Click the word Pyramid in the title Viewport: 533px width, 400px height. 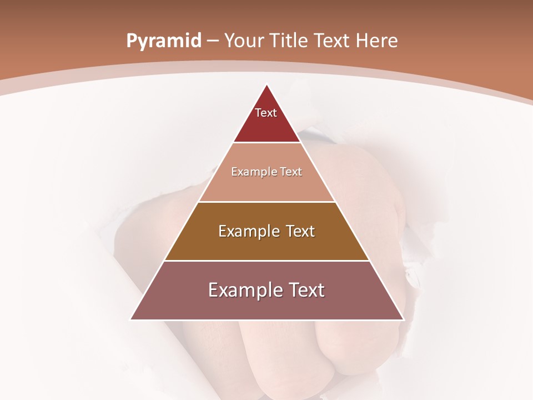[163, 41]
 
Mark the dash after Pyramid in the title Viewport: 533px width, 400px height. [213, 41]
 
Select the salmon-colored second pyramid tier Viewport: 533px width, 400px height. [267, 186]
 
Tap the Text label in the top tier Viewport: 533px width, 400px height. [266, 113]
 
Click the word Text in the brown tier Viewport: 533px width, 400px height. [300, 231]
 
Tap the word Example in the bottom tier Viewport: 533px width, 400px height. [243, 290]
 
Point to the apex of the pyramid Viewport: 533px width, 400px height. [267, 85]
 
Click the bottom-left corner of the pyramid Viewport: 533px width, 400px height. [131, 319]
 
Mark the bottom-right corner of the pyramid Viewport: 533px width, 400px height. [403, 319]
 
